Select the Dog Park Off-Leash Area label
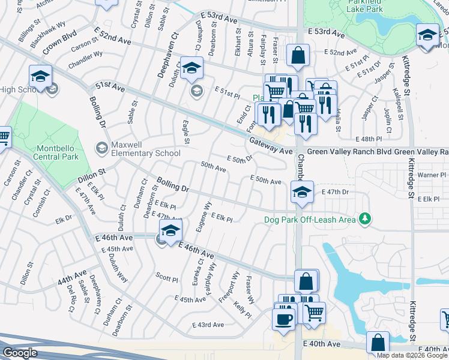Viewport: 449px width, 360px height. click(310, 219)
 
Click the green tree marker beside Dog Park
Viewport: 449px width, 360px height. click(364, 218)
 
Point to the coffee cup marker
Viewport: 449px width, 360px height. click(284, 319)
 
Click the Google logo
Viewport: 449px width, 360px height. click(19, 353)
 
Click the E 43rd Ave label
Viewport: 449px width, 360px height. click(208, 325)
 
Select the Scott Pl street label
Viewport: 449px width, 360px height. click(167, 278)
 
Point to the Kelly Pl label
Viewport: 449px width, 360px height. click(243, 310)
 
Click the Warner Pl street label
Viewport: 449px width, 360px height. click(429, 175)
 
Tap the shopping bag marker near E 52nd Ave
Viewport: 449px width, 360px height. click(298, 55)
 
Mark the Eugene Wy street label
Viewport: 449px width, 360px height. click(208, 214)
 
